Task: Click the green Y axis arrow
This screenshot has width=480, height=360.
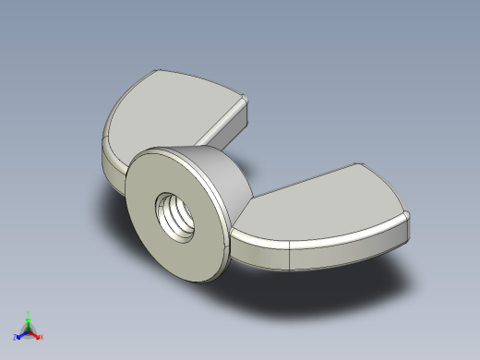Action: [29, 318]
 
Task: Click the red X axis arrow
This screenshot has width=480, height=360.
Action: [36, 335]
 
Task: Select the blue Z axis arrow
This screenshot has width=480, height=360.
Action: [20, 334]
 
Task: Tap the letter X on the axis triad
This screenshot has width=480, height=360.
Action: [42, 337]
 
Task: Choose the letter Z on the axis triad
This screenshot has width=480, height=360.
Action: [15, 337]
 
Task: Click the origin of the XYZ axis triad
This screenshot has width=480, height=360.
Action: [28, 330]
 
